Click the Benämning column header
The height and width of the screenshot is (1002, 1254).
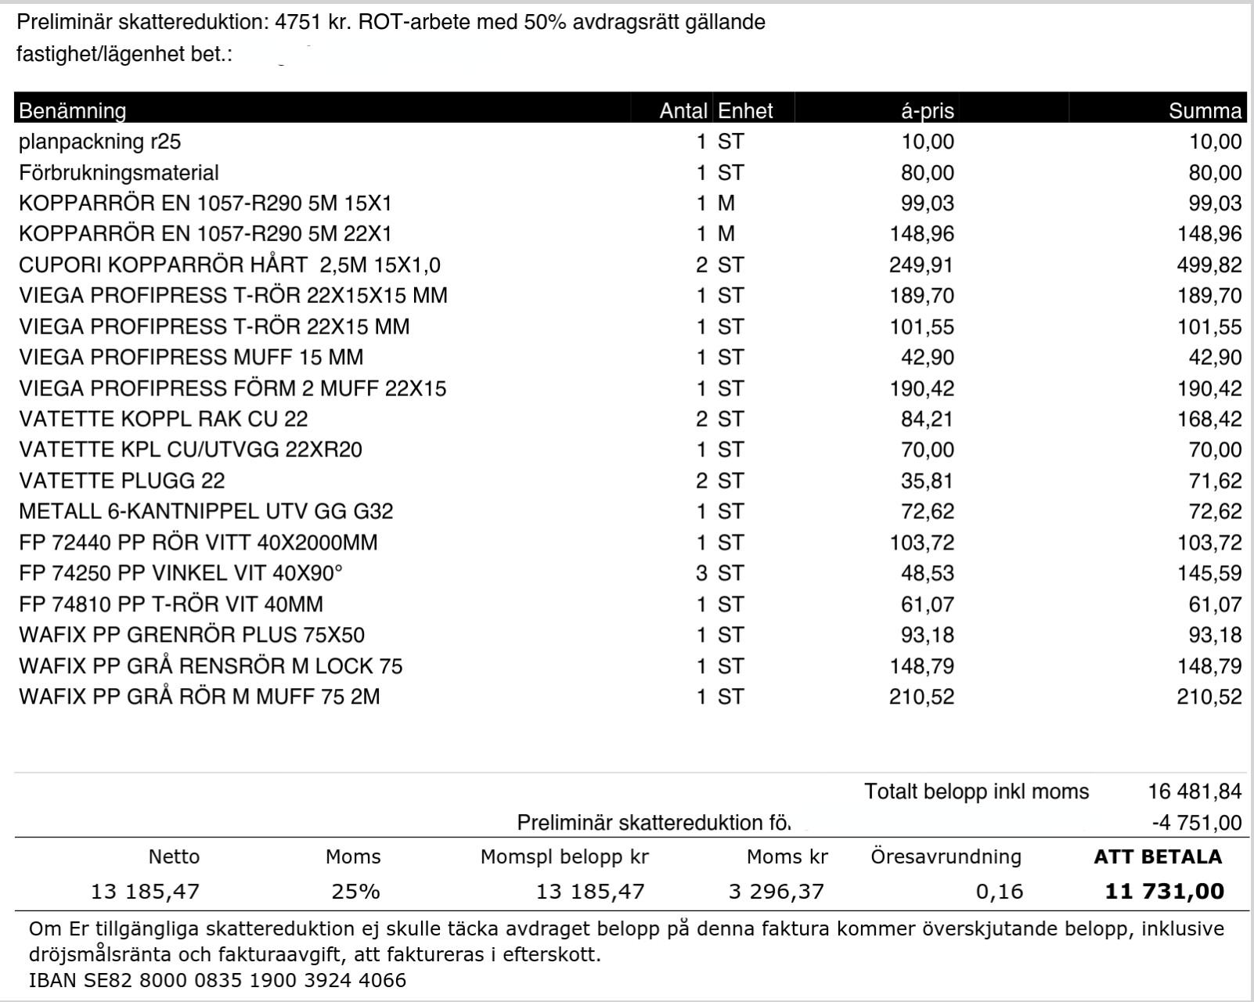(x=72, y=110)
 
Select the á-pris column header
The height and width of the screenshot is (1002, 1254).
(x=927, y=110)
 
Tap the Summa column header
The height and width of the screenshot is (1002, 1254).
(x=1205, y=110)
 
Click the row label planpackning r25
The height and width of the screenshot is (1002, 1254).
(x=99, y=142)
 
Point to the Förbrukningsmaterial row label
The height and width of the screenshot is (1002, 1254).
(x=118, y=172)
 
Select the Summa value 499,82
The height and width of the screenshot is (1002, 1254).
(x=1209, y=265)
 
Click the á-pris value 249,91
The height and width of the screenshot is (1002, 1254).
(x=921, y=265)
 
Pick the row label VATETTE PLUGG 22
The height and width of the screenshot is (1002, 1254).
(x=121, y=481)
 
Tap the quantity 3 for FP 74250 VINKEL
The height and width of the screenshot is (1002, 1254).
(x=701, y=573)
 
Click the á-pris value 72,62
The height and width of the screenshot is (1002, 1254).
(x=927, y=511)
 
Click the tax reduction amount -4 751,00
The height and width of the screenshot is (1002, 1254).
(x=1197, y=823)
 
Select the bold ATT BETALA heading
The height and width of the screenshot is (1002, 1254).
(x=1157, y=856)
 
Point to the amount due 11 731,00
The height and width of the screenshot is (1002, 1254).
(x=1164, y=891)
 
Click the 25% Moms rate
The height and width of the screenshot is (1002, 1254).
(x=355, y=891)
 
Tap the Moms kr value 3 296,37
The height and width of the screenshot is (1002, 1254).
(x=776, y=891)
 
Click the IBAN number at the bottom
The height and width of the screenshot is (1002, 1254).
(x=218, y=980)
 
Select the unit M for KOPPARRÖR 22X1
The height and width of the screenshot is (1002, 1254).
(x=726, y=234)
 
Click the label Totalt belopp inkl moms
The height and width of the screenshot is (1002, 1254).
(x=976, y=791)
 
